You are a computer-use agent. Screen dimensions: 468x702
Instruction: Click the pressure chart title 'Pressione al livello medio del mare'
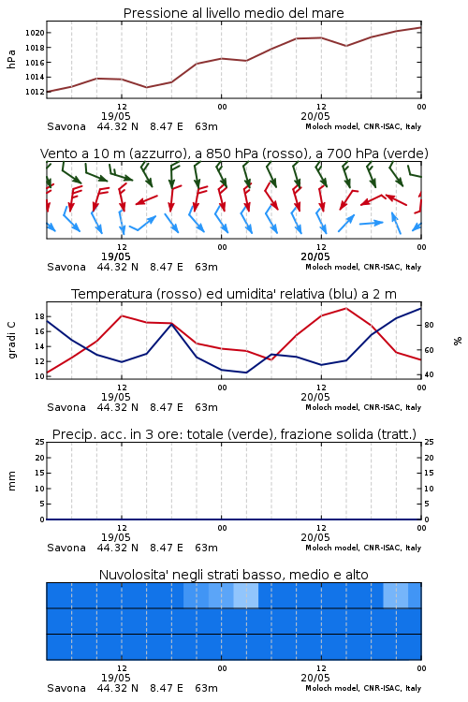click(x=234, y=13)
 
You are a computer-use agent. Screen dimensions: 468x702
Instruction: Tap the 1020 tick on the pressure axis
click(x=35, y=33)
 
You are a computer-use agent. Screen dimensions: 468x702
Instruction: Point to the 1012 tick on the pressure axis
click(x=35, y=92)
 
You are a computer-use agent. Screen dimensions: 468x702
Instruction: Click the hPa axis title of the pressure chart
click(x=11, y=59)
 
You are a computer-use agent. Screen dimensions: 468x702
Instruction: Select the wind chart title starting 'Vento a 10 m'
click(x=234, y=154)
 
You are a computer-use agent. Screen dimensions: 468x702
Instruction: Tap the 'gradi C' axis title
click(x=12, y=340)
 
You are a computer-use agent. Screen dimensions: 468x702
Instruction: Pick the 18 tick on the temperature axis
click(x=39, y=316)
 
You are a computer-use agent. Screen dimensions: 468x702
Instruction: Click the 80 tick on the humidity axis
click(x=429, y=325)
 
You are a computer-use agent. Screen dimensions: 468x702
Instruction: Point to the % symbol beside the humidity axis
click(x=458, y=341)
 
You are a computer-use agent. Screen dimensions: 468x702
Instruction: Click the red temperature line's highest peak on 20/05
click(x=345, y=308)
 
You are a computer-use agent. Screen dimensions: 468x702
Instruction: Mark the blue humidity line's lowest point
click(x=246, y=373)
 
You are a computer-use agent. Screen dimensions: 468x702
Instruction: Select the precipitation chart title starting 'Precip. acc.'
click(x=234, y=434)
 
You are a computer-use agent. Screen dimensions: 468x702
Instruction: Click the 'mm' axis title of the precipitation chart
click(x=12, y=481)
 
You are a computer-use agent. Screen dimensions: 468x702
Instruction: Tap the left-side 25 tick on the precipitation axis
click(x=40, y=442)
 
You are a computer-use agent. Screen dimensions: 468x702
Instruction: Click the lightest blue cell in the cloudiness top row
click(x=246, y=595)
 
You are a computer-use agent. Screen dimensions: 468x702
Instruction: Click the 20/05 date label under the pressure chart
click(x=315, y=116)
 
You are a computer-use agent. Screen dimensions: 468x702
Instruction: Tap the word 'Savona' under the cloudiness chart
click(x=66, y=688)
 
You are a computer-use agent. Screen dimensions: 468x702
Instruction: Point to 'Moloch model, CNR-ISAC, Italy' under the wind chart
click(x=363, y=267)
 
